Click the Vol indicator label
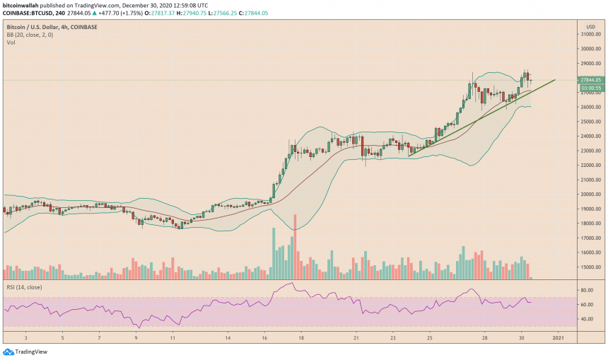[x=10, y=42]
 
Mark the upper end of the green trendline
[x=554, y=80]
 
